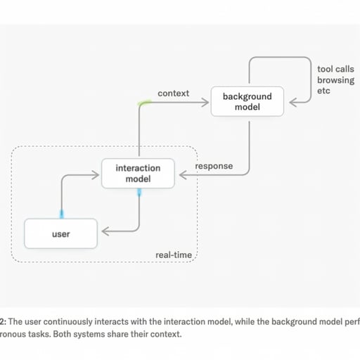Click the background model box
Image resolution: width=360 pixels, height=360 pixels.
[247, 101]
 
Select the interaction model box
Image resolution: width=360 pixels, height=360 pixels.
[138, 174]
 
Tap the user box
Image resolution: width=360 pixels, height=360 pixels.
[60, 233]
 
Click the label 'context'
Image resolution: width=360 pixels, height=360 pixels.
[173, 94]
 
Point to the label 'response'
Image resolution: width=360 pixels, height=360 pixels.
[214, 166]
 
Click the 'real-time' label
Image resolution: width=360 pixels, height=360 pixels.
[174, 255]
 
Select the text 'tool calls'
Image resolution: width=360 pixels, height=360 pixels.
[335, 69]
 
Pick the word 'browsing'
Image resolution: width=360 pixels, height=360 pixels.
[335, 80]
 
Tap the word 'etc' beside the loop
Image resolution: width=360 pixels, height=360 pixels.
[323, 91]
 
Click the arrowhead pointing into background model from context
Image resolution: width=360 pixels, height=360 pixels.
[205, 102]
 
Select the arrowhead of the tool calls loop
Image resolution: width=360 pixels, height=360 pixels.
[293, 102]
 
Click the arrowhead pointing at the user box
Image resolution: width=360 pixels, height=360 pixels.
[105, 231]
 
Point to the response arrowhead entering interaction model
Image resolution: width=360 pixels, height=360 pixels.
[183, 175]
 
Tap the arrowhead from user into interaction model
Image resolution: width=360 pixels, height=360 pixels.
[96, 175]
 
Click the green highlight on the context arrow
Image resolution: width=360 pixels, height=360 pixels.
[144, 103]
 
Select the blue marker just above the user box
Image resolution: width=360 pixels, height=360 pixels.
[62, 214]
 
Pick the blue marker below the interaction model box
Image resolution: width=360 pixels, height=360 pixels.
[139, 193]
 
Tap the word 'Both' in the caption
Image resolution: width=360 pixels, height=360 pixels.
[62, 334]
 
